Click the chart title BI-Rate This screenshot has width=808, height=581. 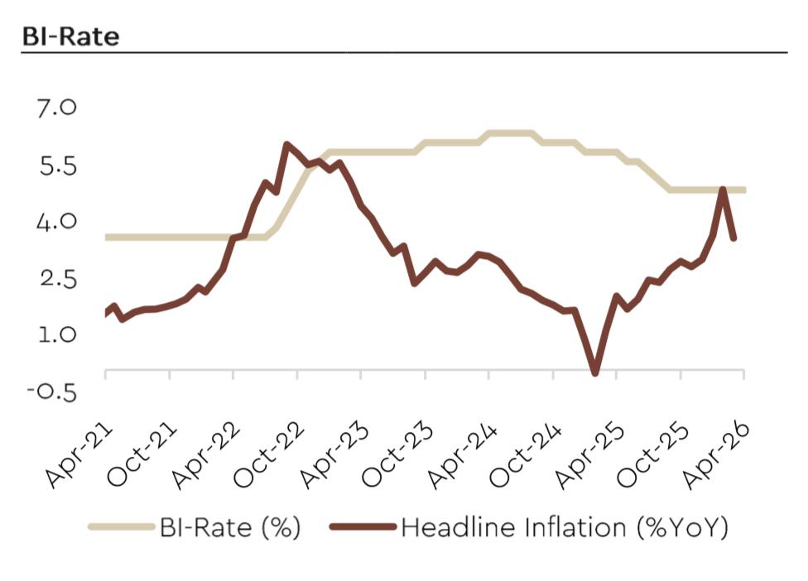tap(70, 36)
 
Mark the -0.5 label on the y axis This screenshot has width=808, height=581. tap(51, 391)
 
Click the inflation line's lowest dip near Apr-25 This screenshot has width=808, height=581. tap(594, 372)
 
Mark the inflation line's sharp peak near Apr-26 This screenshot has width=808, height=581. tap(723, 190)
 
